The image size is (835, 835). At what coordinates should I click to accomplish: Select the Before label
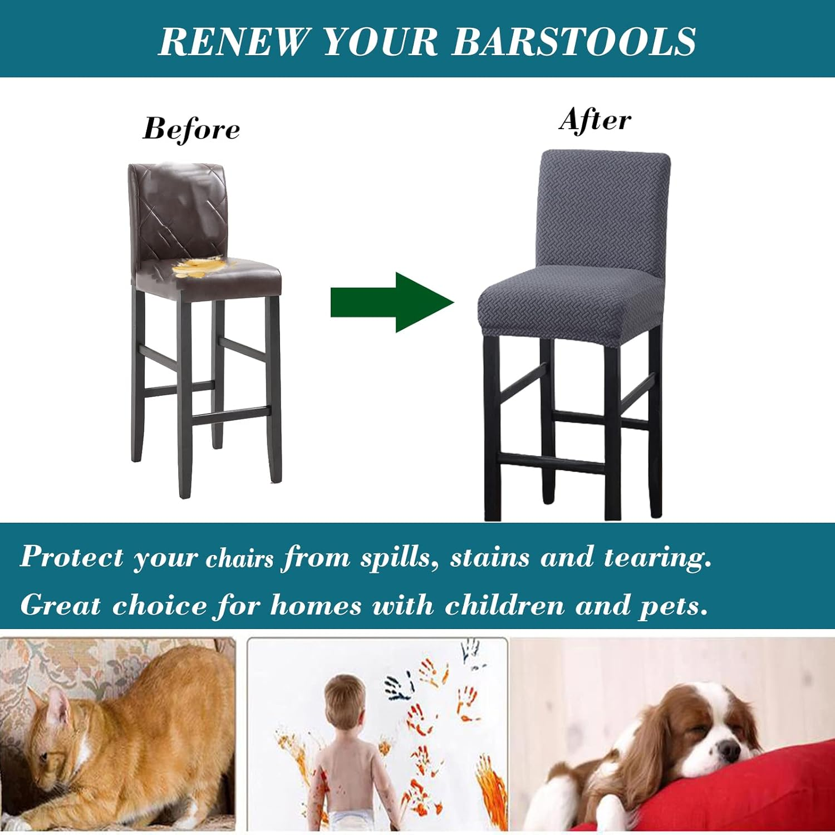[x=191, y=129]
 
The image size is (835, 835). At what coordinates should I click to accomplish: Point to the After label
[x=595, y=120]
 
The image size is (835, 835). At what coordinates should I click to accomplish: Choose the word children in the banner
[x=504, y=606]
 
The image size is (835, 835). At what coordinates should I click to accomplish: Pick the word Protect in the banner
[x=71, y=558]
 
